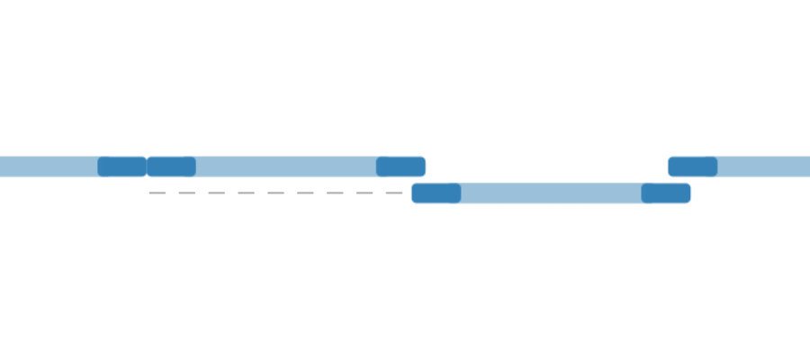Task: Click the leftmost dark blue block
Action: click(x=121, y=166)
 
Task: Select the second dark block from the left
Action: click(x=171, y=166)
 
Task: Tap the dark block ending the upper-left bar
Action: click(x=400, y=166)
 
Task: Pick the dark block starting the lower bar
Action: click(x=436, y=193)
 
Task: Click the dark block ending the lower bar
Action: click(x=666, y=193)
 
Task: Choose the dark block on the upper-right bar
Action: click(x=693, y=166)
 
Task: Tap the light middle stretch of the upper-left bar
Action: click(x=285, y=166)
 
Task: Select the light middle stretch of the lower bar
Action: click(x=551, y=193)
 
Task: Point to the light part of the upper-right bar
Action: click(x=763, y=166)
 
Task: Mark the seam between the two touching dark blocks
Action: click(x=147, y=166)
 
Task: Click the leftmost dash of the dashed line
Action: click(x=157, y=193)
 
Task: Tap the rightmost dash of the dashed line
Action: click(x=393, y=193)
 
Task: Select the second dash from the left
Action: click(x=187, y=193)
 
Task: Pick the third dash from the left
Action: click(x=217, y=193)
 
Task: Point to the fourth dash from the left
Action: click(x=246, y=193)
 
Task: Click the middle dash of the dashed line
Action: click(x=275, y=193)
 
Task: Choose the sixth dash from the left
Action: click(x=305, y=193)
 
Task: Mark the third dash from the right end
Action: click(x=335, y=193)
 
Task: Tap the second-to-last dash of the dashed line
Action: click(x=364, y=193)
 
